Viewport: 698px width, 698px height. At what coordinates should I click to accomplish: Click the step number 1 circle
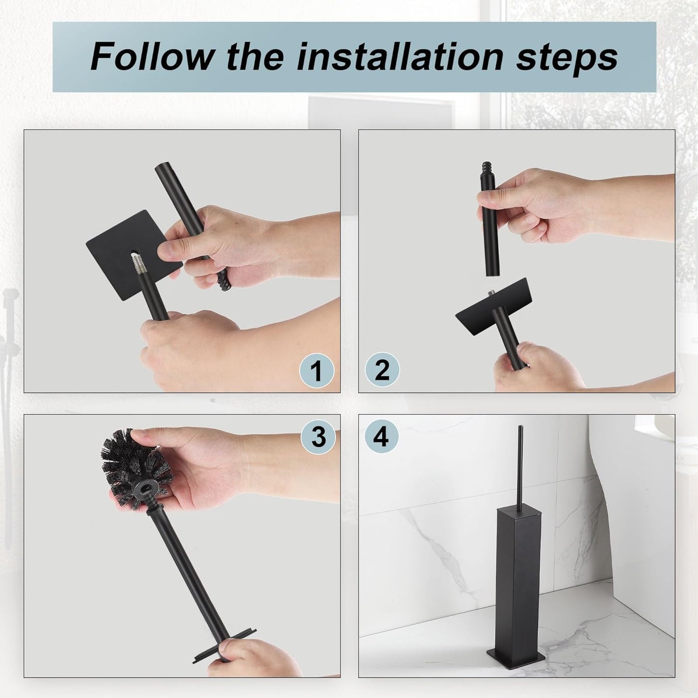(x=316, y=371)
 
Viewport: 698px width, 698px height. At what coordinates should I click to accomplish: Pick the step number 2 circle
(x=382, y=370)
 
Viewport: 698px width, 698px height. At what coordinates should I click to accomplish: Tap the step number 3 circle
(x=318, y=437)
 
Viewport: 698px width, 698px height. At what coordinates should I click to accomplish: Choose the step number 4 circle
(x=381, y=437)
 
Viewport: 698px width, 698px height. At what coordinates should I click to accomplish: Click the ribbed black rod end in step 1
(x=223, y=281)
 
